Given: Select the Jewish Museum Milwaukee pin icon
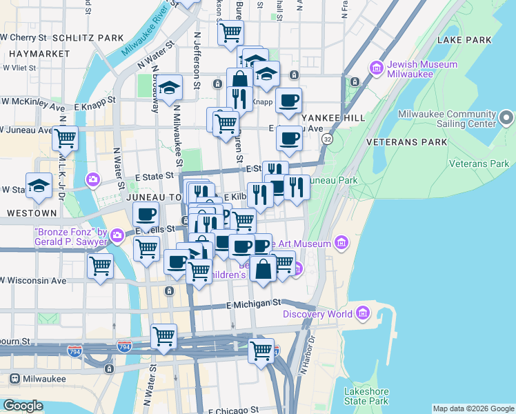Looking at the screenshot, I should pyautogui.click(x=377, y=68).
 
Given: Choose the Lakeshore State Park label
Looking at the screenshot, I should pyautogui.click(x=366, y=396).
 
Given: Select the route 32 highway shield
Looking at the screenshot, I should pyautogui.click(x=327, y=139).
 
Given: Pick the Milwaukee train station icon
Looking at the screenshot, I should pyautogui.click(x=14, y=378).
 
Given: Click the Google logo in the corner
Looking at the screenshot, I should pyautogui.click(x=22, y=406).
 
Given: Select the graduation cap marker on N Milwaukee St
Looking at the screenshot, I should pyautogui.click(x=170, y=88).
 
